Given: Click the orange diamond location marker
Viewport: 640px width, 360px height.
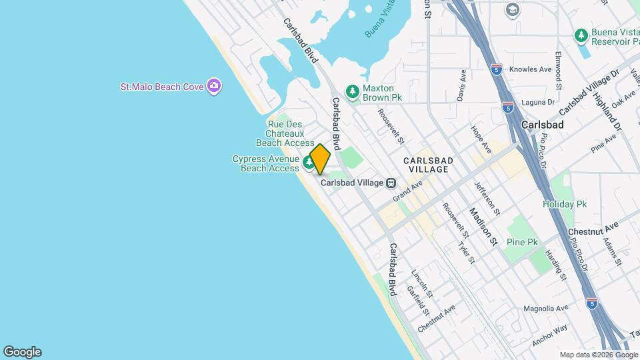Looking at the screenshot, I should [320, 159].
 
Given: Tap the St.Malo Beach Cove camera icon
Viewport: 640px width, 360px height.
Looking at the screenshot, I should [214, 85].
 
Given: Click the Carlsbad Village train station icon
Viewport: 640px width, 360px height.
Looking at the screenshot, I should [392, 183].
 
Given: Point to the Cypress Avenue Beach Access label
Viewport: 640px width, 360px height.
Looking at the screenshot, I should [265, 163].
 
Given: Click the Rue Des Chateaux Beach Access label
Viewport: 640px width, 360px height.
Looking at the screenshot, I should [285, 133].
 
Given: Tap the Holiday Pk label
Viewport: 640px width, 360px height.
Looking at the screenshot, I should [563, 204].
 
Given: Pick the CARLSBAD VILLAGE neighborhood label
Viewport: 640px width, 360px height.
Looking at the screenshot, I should [428, 165].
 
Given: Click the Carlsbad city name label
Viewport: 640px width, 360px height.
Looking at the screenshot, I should [543, 125].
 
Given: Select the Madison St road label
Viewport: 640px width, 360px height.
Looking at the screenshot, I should [483, 227].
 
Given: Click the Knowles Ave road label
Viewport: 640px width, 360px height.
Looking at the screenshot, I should [531, 69].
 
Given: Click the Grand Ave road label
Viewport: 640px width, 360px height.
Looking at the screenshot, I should [407, 190].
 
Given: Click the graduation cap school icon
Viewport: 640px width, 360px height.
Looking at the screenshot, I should [512, 9].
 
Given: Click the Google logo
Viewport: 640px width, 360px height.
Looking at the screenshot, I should [22, 352].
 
